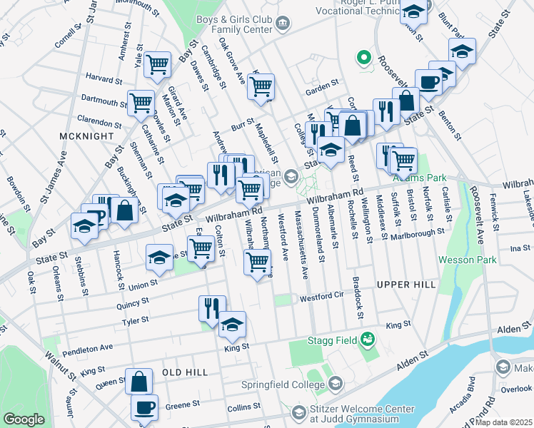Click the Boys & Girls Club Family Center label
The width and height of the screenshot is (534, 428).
point(233,24)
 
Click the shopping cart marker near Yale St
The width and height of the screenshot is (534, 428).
point(157,65)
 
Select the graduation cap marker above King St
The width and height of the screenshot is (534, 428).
point(232,325)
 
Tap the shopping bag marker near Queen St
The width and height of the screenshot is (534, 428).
point(138,382)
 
